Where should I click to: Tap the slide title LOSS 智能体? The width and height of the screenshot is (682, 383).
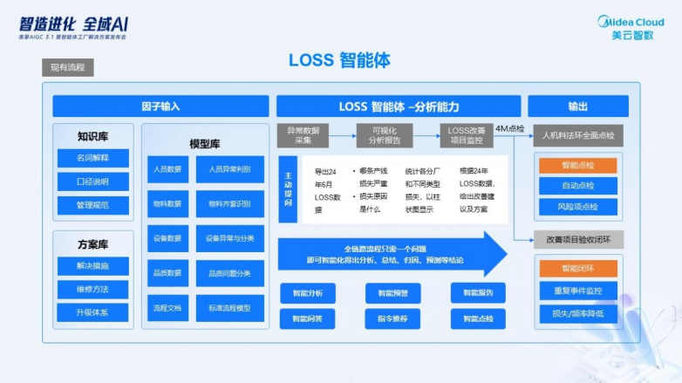pos(339,60)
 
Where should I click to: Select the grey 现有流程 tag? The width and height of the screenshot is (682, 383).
pos(67,67)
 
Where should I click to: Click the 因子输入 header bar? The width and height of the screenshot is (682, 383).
pos(160,106)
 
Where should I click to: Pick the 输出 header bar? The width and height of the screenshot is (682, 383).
pos(577,106)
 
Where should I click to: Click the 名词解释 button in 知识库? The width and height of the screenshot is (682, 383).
pos(92,158)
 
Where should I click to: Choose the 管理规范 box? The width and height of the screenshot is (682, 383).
pos(92,206)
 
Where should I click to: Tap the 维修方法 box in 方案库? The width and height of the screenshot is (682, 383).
pos(92,289)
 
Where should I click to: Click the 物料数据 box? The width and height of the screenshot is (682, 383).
pos(167,204)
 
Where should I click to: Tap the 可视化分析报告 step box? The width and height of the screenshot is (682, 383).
pos(385,135)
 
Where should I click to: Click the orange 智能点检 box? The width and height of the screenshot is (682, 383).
pos(577,165)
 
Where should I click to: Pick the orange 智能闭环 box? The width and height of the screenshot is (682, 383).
pos(577,269)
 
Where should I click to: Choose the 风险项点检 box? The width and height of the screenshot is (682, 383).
pos(577,207)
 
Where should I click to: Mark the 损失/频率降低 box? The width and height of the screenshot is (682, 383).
pos(577,312)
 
